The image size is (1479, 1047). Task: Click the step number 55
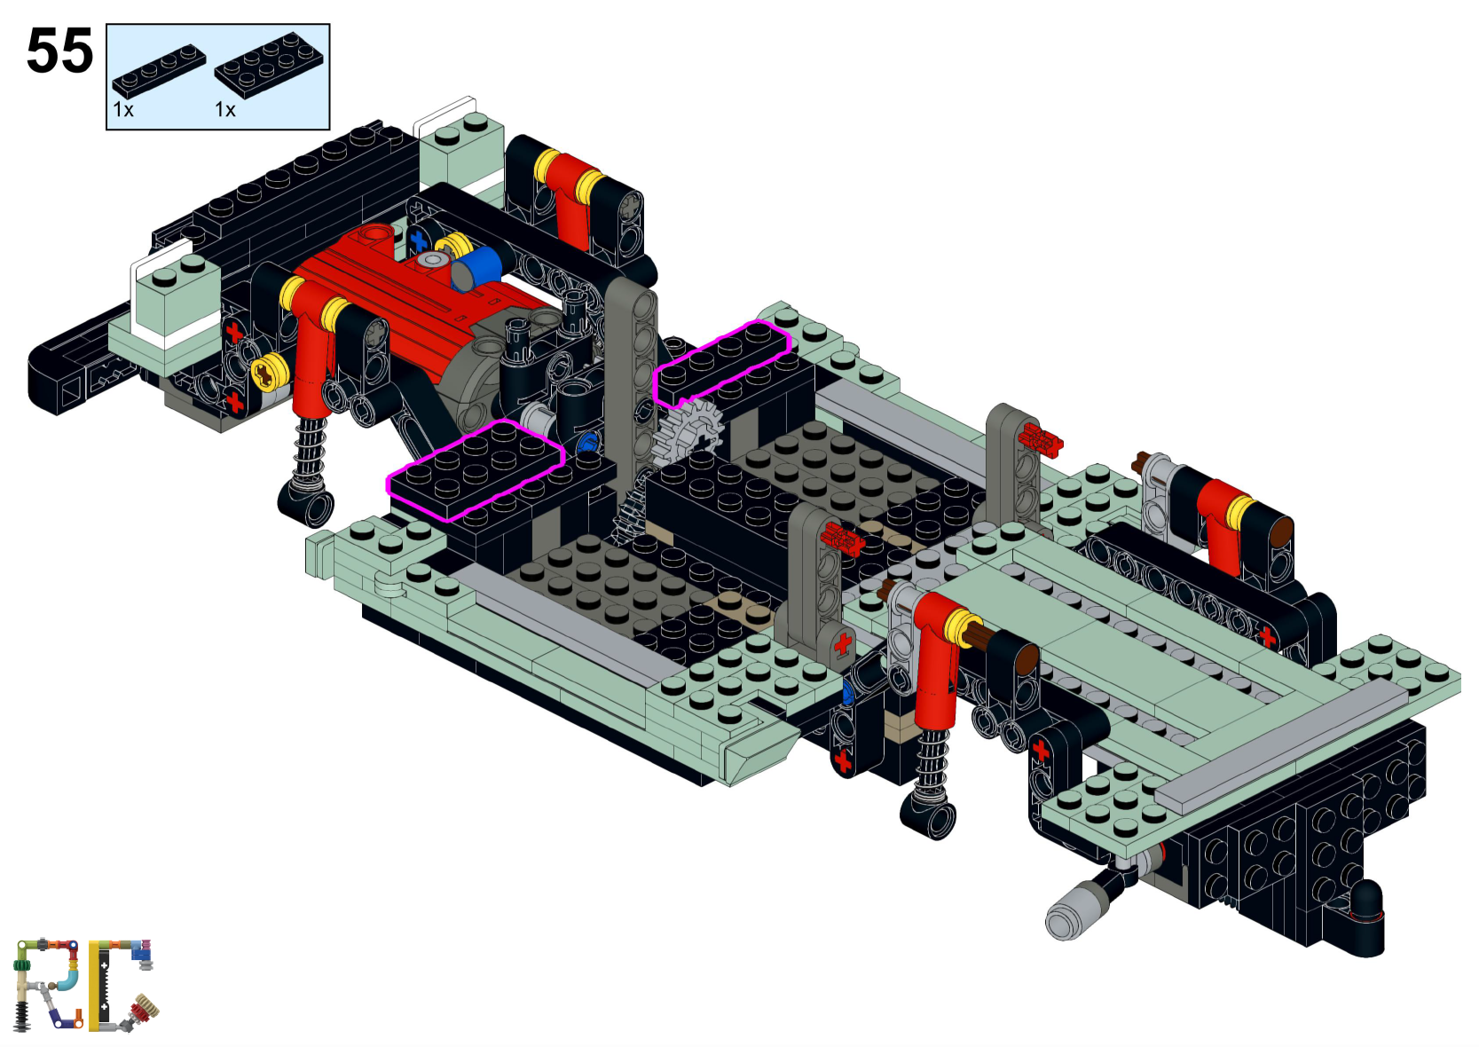click(x=59, y=51)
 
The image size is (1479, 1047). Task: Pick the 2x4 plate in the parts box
click(x=269, y=64)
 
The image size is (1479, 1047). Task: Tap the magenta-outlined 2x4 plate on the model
click(x=476, y=469)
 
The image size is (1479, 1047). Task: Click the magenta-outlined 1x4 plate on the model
click(x=721, y=362)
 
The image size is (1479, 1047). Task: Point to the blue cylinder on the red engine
click(x=479, y=267)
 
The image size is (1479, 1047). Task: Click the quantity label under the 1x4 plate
click(x=123, y=110)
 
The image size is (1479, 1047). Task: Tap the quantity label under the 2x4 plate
click(x=225, y=110)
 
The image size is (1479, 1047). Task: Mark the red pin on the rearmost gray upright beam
click(x=1041, y=438)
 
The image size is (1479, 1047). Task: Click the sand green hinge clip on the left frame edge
click(x=388, y=584)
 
